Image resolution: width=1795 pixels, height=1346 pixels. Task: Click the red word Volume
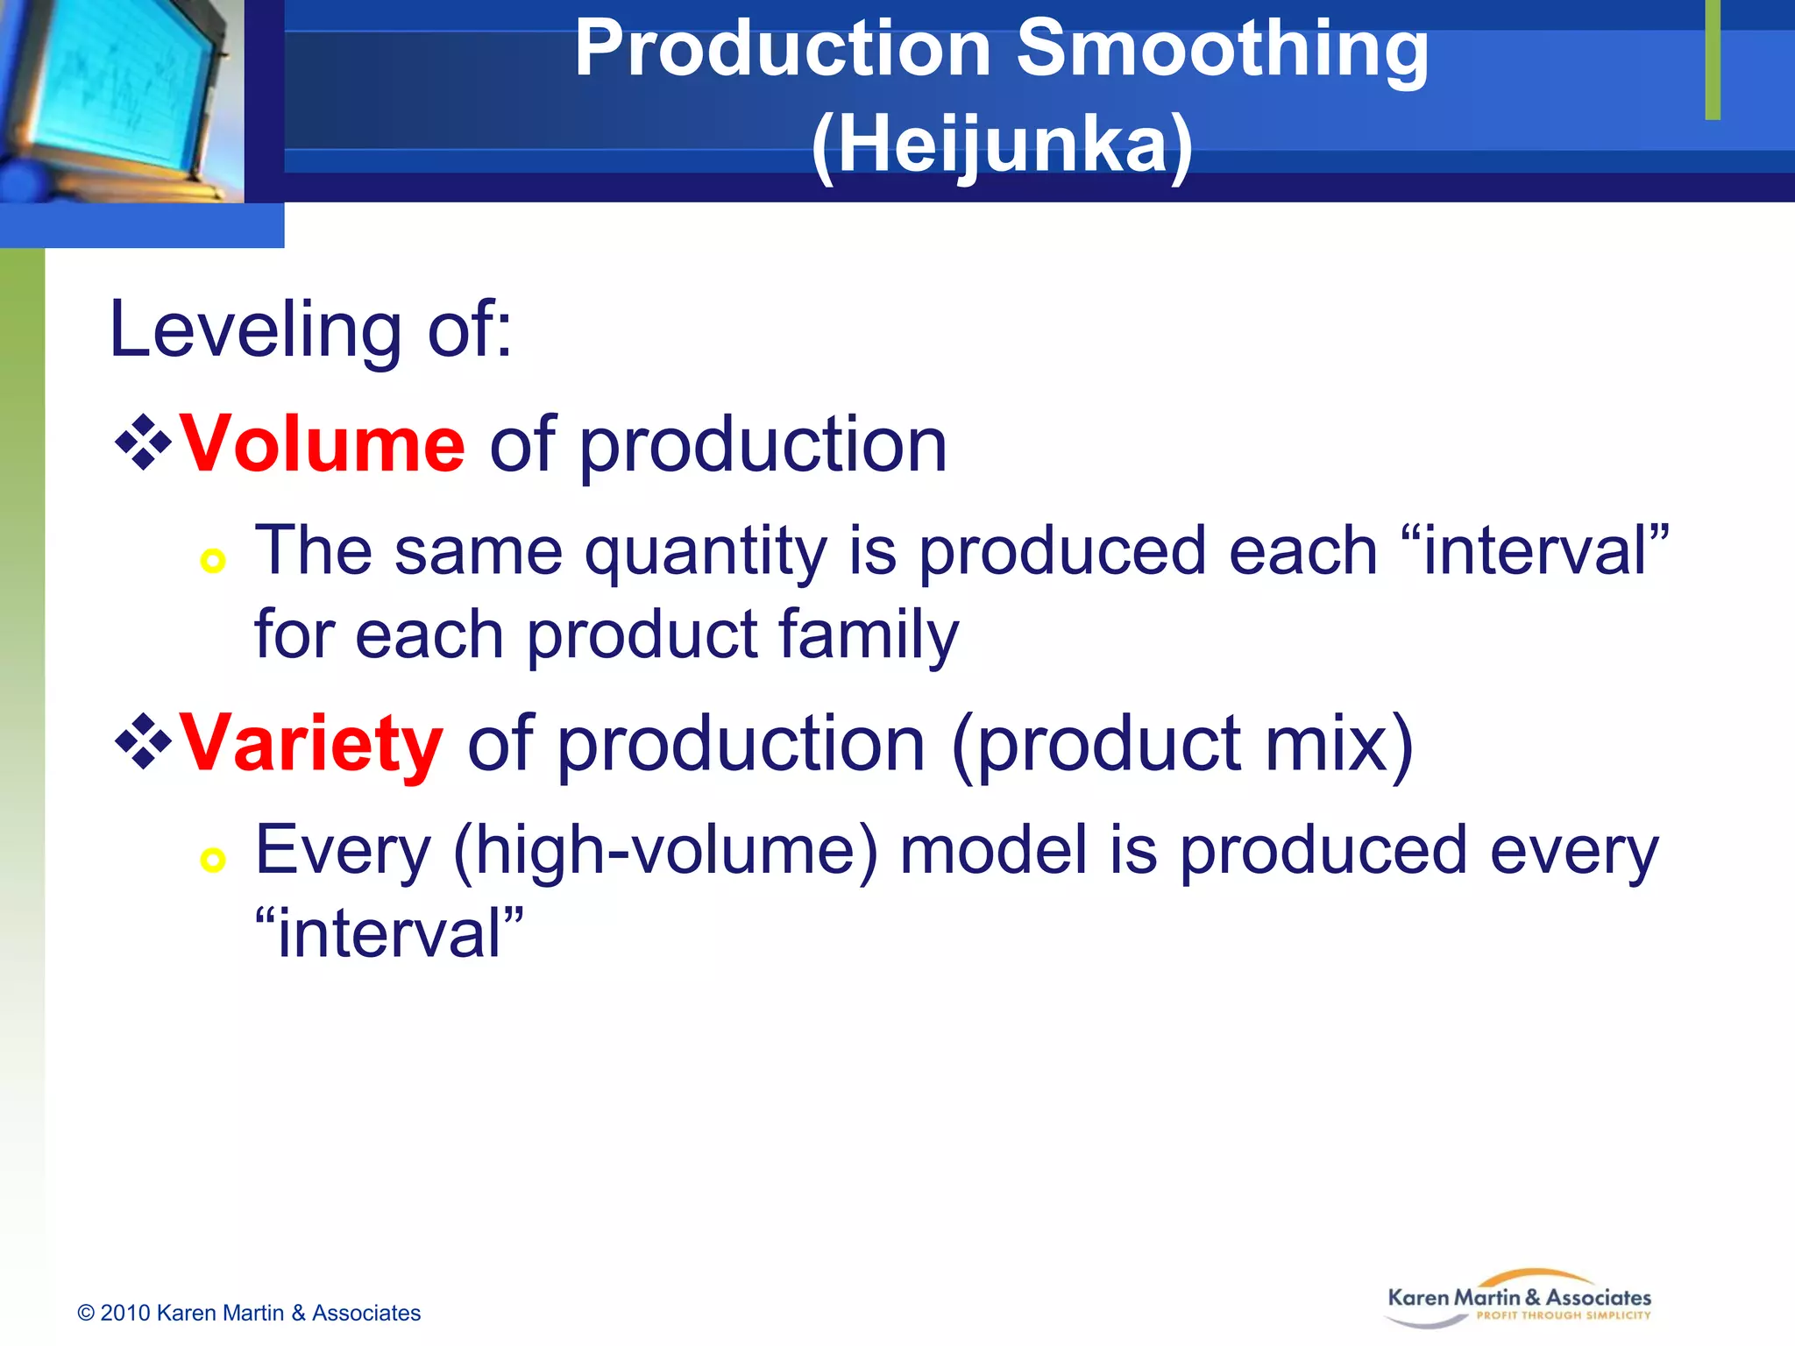point(322,445)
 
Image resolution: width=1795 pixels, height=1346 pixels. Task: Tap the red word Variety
point(311,744)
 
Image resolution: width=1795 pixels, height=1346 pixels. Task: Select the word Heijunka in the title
point(1002,145)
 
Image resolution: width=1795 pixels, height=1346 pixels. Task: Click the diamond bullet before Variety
point(143,742)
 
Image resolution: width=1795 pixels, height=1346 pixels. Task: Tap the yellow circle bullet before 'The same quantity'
point(213,560)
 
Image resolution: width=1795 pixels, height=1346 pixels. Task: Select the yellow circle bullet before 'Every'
point(213,859)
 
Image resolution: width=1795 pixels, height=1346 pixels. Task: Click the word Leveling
point(255,330)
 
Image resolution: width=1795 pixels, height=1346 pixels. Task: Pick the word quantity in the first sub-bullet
point(706,552)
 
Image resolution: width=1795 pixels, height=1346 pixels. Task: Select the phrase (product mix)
point(1182,744)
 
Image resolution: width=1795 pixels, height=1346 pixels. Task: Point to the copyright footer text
point(249,1313)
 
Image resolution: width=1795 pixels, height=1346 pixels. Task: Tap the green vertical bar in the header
point(1713,60)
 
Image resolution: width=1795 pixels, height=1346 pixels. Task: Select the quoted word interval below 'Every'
point(389,933)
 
